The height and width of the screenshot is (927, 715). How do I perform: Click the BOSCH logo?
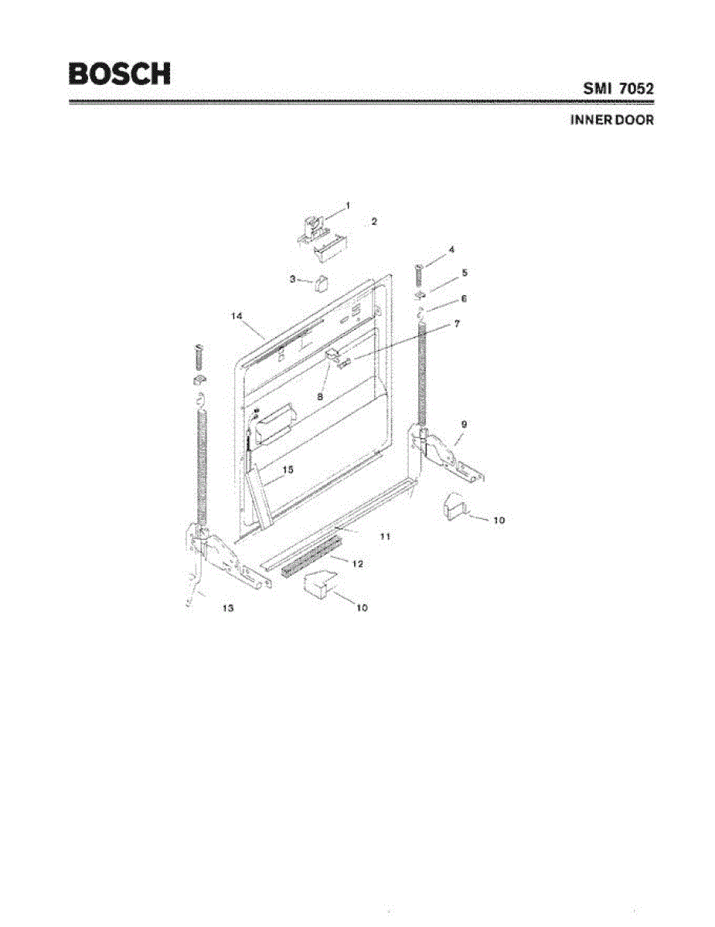[x=120, y=73]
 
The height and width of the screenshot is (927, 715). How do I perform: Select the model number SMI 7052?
[x=618, y=89]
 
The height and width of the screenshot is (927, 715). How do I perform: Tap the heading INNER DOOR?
[x=611, y=121]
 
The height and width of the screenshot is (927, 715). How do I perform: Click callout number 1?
[x=348, y=205]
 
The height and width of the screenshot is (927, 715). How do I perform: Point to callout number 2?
[x=373, y=221]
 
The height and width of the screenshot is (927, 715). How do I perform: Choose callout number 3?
[x=293, y=279]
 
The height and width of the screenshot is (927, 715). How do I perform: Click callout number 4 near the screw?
[x=451, y=250]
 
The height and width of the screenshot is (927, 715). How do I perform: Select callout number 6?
[x=464, y=297]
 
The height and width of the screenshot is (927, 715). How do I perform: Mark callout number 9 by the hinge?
[x=464, y=424]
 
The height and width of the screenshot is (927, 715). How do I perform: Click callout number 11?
[x=384, y=535]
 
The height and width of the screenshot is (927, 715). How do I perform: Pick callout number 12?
[x=357, y=564]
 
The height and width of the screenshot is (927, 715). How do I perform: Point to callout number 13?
[x=227, y=608]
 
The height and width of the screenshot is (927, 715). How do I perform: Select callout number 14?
[x=237, y=316]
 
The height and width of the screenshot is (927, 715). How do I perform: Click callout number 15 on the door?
[x=287, y=469]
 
